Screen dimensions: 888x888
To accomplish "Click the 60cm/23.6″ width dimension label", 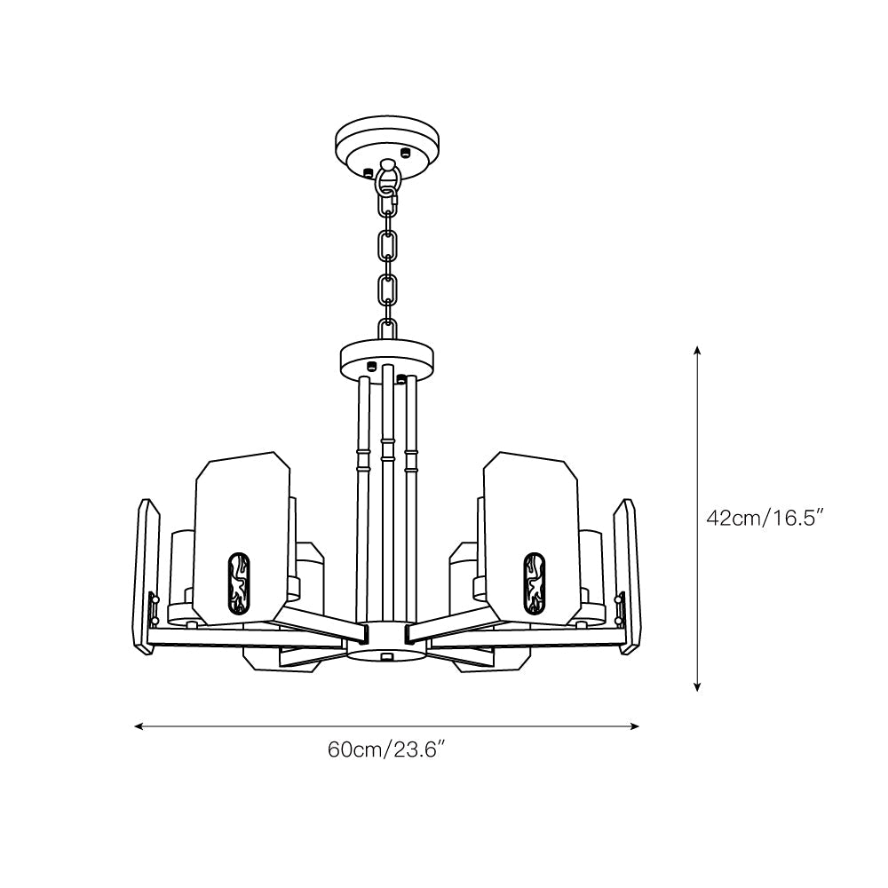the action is click(385, 749).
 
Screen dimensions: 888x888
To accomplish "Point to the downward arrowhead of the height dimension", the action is click(698, 686).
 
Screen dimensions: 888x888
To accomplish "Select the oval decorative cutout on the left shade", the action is click(238, 583).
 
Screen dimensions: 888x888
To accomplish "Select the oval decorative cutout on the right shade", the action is click(534, 583).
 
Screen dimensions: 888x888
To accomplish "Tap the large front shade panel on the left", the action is click(242, 537).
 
